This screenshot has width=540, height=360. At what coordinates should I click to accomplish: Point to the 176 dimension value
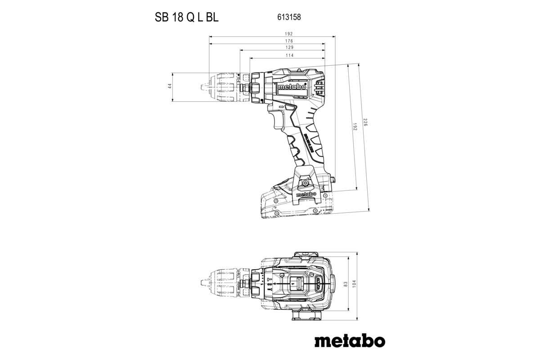point(289,40)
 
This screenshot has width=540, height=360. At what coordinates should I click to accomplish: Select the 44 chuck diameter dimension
point(170,86)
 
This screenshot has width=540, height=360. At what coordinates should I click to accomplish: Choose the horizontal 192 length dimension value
point(289,34)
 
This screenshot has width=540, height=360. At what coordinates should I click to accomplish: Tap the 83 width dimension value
point(345,284)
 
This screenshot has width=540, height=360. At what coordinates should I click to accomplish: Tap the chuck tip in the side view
point(201,86)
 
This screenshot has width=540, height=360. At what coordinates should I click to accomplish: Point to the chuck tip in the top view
point(201,283)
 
